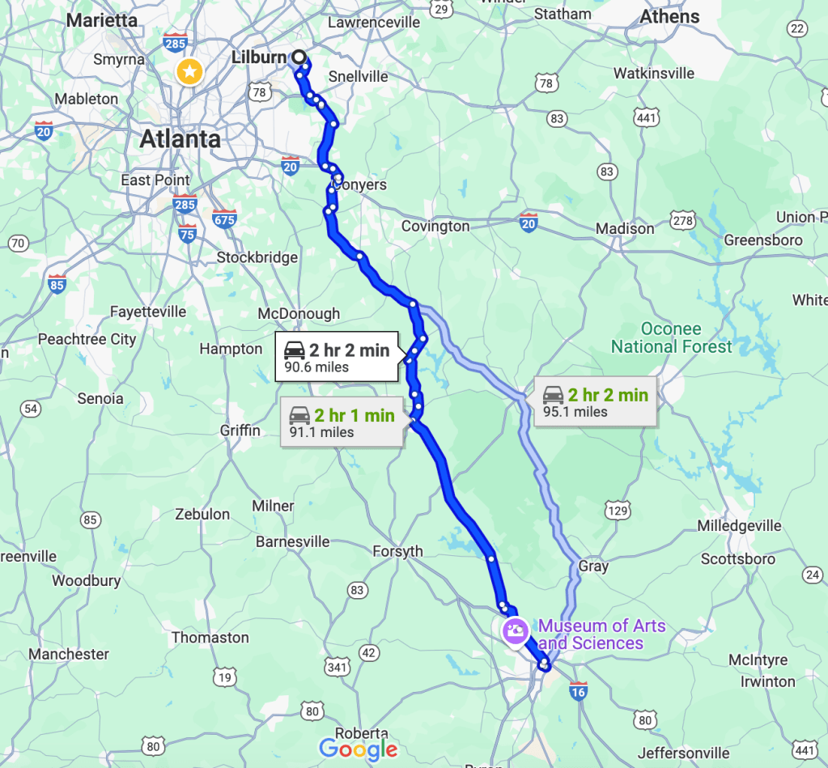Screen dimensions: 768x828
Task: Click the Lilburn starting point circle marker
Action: [299, 57]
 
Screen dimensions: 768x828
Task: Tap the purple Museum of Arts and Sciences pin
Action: [516, 630]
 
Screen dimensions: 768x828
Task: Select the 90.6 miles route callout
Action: [337, 357]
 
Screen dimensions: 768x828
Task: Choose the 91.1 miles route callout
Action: [342, 422]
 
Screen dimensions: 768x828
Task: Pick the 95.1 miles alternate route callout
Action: [597, 402]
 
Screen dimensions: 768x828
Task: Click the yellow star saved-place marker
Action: [189, 73]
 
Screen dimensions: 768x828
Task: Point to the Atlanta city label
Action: [180, 138]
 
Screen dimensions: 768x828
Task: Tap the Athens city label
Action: [669, 16]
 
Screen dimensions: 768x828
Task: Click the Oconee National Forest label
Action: [671, 337]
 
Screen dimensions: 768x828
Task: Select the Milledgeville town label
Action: [741, 526]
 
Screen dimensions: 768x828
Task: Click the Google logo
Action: [359, 749]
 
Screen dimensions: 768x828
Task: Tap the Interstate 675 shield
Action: [224, 219]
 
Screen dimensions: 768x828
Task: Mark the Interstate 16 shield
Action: [578, 690]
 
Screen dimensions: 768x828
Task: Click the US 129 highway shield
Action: [618, 510]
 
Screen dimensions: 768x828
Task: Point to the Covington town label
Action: [435, 227]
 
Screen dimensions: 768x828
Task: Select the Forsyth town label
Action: [397, 552]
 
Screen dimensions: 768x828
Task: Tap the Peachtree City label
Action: [87, 339]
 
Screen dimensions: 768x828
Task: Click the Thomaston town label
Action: [210, 638]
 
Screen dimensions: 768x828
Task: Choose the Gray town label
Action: [593, 566]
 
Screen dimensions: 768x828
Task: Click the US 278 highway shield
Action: [683, 220]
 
